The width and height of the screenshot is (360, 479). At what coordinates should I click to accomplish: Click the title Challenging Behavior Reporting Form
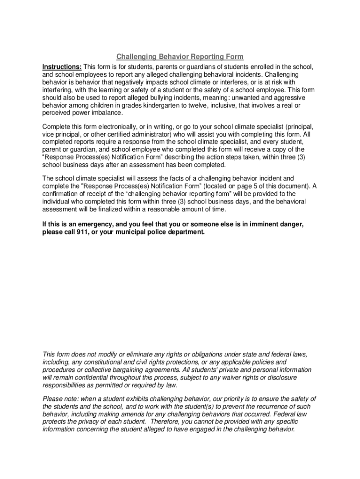180,57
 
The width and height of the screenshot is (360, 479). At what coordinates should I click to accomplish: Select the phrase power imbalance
96,113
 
